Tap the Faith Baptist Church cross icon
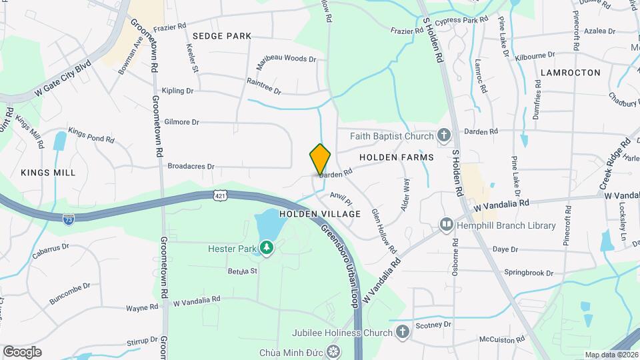tap(445, 136)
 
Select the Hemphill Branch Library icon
tap(446, 225)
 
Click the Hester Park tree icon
tap(267, 249)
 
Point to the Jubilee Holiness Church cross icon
tap(402, 332)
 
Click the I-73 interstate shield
tap(68, 218)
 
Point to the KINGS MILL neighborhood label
tap(48, 173)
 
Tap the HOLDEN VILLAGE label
tap(320, 214)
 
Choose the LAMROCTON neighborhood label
tap(571, 72)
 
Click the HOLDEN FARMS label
tap(396, 157)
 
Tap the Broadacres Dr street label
tap(191, 166)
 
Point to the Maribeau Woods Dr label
tap(286, 59)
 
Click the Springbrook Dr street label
tap(528, 273)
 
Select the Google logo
tap(22, 351)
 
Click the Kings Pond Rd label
tap(91, 135)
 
